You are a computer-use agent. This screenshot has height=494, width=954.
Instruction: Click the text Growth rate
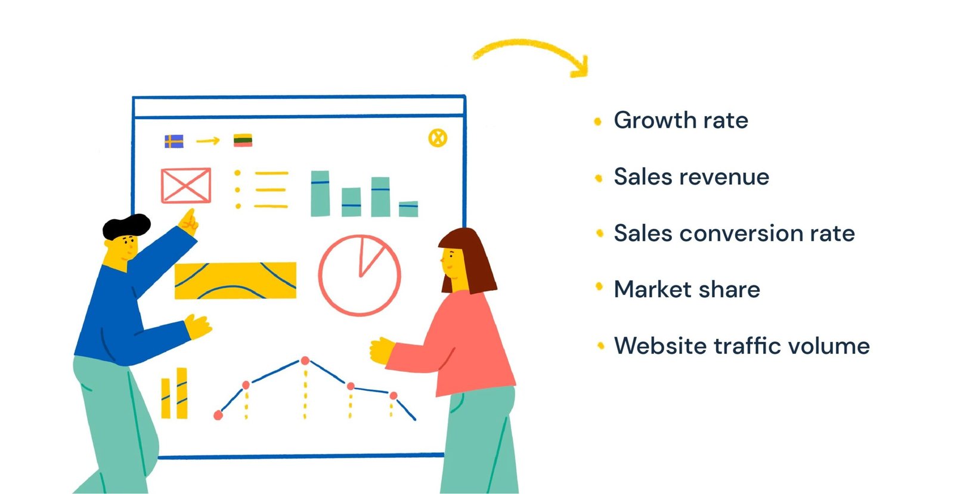(680, 120)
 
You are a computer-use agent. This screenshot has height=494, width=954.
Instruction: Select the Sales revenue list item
(691, 176)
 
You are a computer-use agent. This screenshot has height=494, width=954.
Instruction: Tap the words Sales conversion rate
(734, 233)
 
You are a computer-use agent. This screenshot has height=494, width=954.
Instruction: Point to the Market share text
(686, 290)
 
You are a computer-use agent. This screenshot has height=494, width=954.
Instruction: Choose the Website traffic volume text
(742, 346)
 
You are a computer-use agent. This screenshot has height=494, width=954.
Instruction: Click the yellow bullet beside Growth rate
(598, 122)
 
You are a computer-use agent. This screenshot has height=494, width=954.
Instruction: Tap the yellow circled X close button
(438, 138)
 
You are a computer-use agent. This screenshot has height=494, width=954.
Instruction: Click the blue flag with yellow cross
(174, 141)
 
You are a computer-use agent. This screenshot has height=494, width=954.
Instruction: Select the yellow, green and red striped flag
(243, 140)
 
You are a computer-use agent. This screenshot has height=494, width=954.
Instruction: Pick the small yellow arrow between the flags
(208, 141)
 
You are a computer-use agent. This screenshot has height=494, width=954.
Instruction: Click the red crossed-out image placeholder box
(186, 185)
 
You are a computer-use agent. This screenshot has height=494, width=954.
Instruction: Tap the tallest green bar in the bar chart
(320, 194)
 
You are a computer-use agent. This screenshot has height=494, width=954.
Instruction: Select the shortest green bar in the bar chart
(408, 209)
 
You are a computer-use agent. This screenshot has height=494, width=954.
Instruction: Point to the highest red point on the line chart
(305, 361)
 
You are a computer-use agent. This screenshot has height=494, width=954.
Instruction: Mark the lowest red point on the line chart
(218, 415)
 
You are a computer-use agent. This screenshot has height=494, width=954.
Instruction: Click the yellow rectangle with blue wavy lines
(236, 281)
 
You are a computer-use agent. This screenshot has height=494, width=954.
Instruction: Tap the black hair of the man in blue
(126, 226)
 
